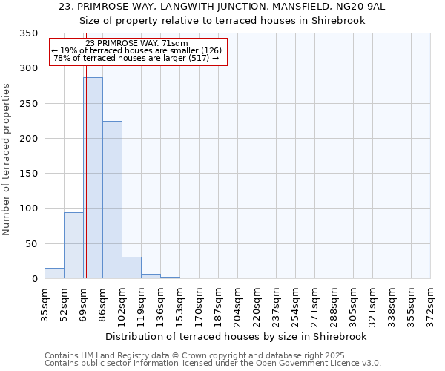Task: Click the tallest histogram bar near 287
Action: pyautogui.click(x=93, y=178)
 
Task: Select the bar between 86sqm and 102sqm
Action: pyautogui.click(x=112, y=200)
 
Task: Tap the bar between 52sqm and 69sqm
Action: pyautogui.click(x=73, y=246)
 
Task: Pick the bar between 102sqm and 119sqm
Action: pyautogui.click(x=131, y=268)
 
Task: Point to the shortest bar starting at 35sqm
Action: pyautogui.click(x=54, y=273)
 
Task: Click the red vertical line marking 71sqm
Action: pyautogui.click(x=86, y=148)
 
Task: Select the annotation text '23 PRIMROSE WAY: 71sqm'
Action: pyautogui.click(x=136, y=44)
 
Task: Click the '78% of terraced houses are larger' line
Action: pyautogui.click(x=136, y=58)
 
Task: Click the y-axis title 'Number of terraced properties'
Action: pyautogui.click(x=7, y=160)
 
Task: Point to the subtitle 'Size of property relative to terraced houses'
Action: pyautogui.click(x=222, y=20)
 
